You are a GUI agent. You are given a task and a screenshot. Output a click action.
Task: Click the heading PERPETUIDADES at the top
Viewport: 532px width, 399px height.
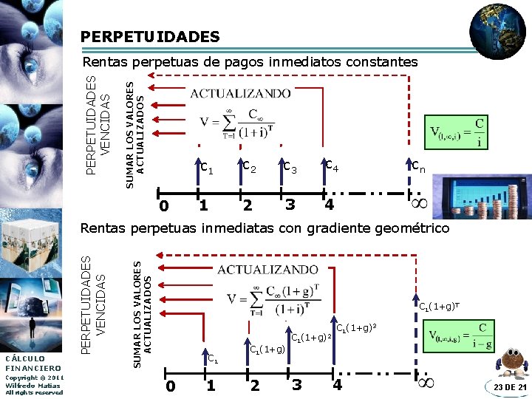point(150,36)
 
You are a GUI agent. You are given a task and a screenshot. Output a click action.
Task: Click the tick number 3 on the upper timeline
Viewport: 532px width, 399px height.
point(290,203)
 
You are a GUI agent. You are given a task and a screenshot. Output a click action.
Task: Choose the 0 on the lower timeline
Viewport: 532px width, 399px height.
point(171,385)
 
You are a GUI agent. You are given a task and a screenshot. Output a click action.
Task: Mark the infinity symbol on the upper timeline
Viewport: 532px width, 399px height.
point(420,201)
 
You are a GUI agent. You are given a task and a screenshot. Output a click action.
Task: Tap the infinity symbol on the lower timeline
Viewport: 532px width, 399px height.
point(426,383)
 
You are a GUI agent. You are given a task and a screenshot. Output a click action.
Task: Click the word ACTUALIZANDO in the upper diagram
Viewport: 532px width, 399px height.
point(241,93)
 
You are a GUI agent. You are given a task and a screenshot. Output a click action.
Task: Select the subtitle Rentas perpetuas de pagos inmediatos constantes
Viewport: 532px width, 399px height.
point(250,62)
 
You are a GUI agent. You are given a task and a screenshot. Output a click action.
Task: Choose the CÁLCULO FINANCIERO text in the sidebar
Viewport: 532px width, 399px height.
point(33,363)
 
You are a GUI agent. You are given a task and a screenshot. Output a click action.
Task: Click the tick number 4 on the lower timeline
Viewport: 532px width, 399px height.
point(337,384)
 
